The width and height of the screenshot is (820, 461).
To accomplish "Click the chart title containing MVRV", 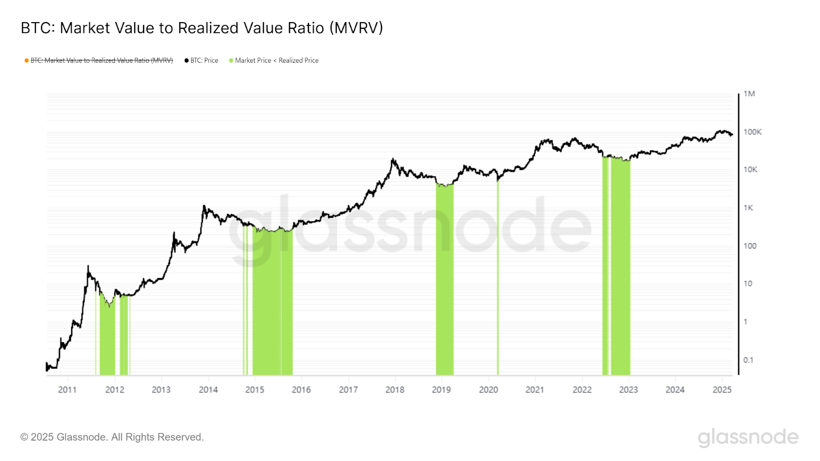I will pyautogui.click(x=201, y=28).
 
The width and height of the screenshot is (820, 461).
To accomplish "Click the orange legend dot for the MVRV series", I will pyautogui.click(x=27, y=60).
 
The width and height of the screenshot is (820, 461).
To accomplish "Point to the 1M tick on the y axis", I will pyautogui.click(x=749, y=94).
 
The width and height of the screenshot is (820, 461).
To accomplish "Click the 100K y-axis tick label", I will pyautogui.click(x=752, y=132).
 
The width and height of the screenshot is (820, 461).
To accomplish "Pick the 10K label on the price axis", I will pyautogui.click(x=750, y=170).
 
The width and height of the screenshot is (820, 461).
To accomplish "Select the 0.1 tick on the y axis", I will pyautogui.click(x=748, y=360).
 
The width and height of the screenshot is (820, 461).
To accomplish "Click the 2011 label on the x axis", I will pyautogui.click(x=67, y=390).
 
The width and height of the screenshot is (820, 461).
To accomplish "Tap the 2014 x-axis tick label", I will pyautogui.click(x=208, y=390).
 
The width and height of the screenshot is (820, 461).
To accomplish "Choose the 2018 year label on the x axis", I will pyautogui.click(x=395, y=390).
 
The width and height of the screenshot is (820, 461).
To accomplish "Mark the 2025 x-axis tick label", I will pyautogui.click(x=722, y=390).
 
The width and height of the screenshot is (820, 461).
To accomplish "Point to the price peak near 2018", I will pyautogui.click(x=393, y=159).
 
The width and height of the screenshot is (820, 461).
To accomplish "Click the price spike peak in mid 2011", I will pyautogui.click(x=88, y=266).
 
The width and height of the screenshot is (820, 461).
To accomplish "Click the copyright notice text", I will pyautogui.click(x=112, y=437).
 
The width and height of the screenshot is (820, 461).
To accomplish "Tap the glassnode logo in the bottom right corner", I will pyautogui.click(x=748, y=437).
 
